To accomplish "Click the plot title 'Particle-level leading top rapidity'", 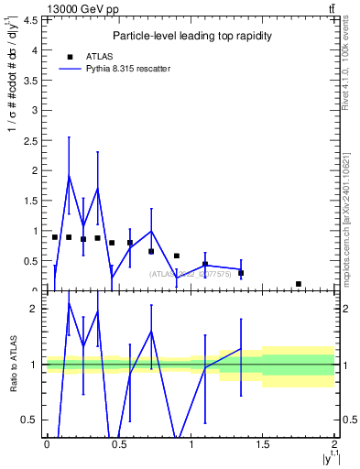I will [x=190, y=37].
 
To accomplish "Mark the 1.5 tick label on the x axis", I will [x=263, y=445].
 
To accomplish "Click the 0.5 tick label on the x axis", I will [x=118, y=445].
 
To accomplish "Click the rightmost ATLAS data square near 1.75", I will [x=299, y=284].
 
